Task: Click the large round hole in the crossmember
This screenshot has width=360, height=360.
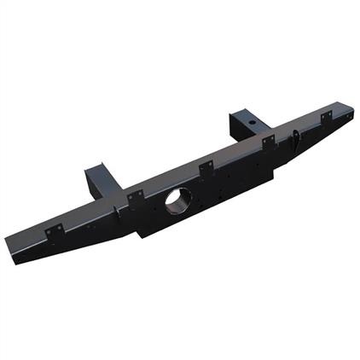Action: pos(177,200)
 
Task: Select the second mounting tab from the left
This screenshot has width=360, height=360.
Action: pos(135,198)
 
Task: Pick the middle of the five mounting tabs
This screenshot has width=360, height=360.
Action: pos(206,168)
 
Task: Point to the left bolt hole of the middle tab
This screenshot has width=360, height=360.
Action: pos(201,170)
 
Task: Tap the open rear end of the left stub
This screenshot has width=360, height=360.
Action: pos(93,171)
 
